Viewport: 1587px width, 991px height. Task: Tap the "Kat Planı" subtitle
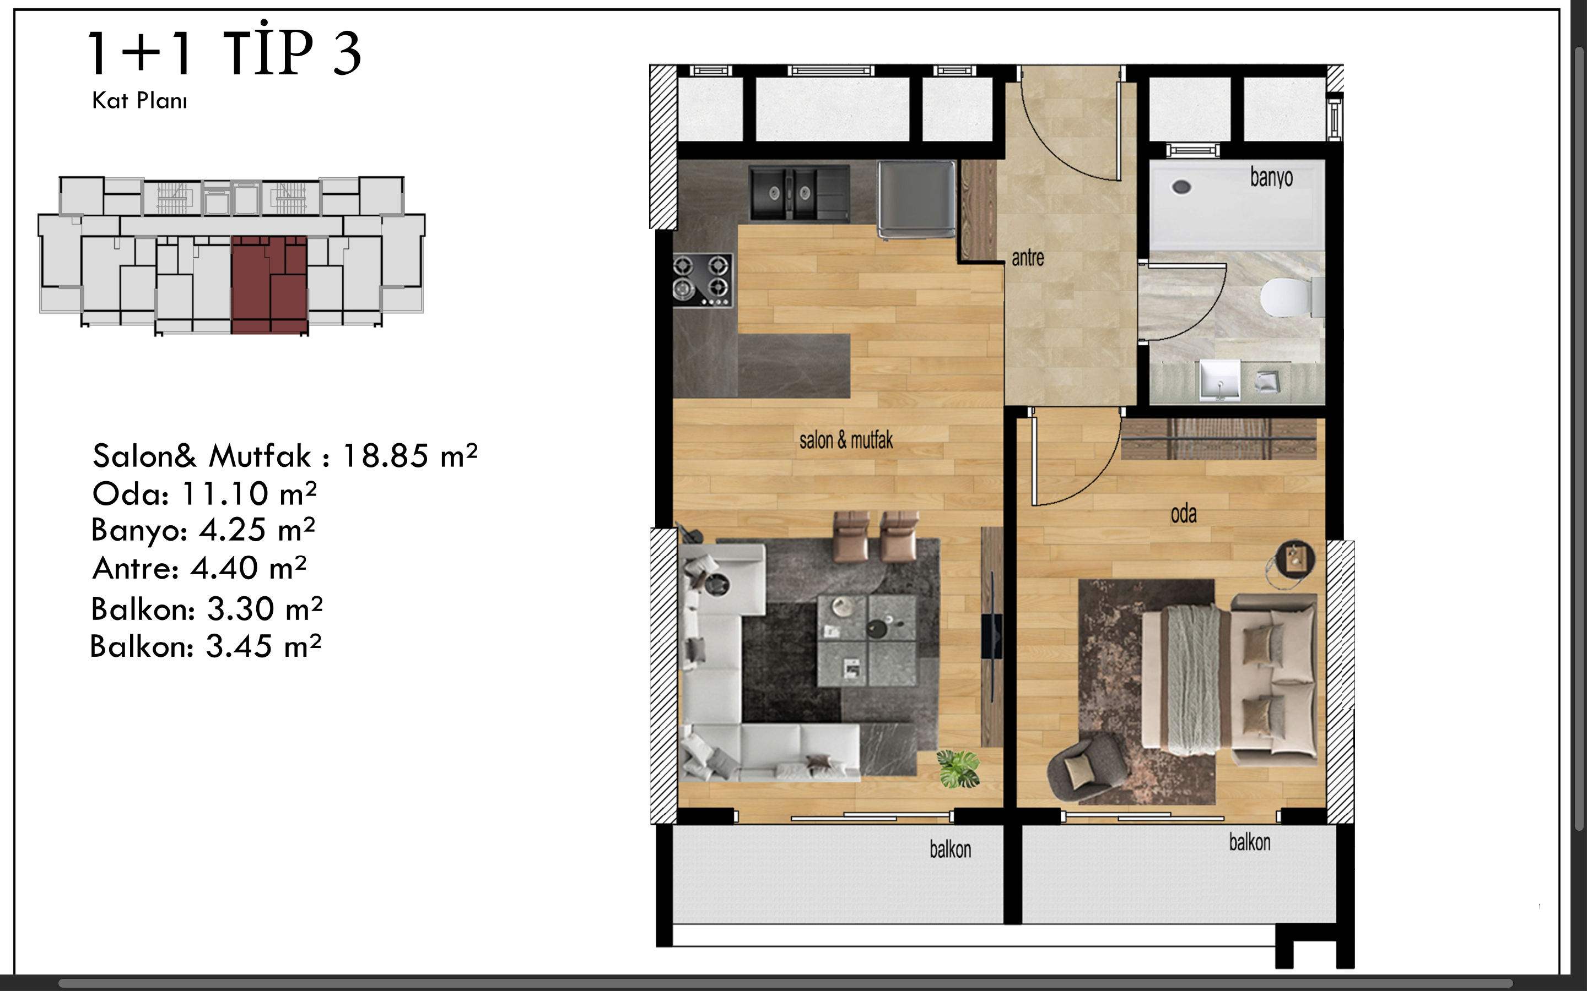[139, 100]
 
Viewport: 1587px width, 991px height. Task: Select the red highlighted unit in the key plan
[269, 285]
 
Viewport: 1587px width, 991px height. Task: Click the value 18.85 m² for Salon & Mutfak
[410, 455]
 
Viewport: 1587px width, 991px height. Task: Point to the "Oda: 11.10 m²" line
[204, 493]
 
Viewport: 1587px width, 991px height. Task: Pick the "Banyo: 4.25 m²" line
[203, 530]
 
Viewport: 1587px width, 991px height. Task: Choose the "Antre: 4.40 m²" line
[199, 568]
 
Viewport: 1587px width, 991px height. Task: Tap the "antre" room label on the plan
[1028, 258]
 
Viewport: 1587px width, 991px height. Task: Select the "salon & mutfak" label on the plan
[846, 440]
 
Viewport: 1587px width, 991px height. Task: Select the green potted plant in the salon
[958, 769]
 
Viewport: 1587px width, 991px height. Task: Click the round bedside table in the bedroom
[1295, 559]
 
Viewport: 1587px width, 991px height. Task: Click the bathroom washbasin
[1219, 379]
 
